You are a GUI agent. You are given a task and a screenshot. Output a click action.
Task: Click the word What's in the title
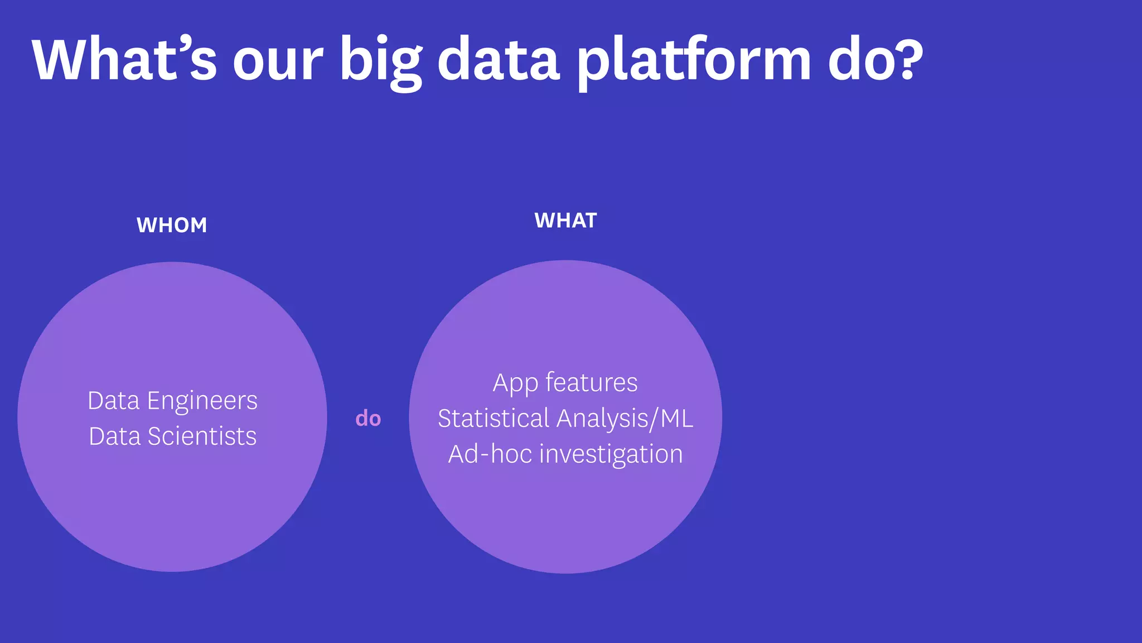coord(124,59)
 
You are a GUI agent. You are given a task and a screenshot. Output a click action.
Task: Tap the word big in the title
coord(381,61)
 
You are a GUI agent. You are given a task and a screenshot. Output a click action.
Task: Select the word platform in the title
coord(693,61)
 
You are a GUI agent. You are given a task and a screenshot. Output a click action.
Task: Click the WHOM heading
coord(172,225)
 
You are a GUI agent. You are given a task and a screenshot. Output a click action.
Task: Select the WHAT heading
coord(565,221)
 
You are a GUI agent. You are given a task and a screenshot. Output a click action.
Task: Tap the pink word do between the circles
coord(368,418)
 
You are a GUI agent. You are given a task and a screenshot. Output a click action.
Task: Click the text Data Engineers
coord(172,401)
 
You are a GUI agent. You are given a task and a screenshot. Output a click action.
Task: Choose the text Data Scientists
coord(172,436)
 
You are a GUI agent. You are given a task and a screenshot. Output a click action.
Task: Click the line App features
coord(565,383)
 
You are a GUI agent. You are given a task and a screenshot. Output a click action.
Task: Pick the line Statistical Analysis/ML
coord(565,419)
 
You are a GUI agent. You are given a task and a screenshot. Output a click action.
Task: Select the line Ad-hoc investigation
coord(565,454)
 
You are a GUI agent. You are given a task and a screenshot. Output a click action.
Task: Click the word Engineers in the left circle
coord(202,401)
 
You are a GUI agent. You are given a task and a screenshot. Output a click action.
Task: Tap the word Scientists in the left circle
coord(202,436)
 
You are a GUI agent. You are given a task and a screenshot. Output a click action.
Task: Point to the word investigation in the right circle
coord(611,454)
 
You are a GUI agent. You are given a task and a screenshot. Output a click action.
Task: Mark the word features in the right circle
coord(591,383)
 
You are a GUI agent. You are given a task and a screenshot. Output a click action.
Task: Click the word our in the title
coord(278,61)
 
